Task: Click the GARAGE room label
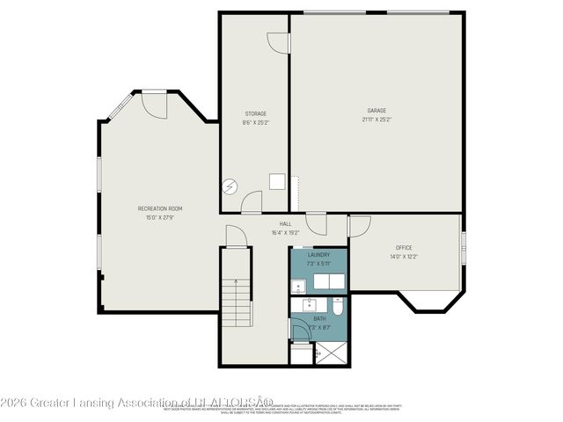tap(377, 111)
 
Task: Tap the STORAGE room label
tap(255, 113)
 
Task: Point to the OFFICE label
tap(404, 248)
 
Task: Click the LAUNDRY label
tap(318, 255)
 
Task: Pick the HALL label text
tap(285, 224)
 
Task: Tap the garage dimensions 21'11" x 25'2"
tap(377, 119)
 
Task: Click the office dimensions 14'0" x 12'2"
tap(404, 257)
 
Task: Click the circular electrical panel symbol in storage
tap(230, 186)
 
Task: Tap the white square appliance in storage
tap(277, 181)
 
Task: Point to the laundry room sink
tap(299, 285)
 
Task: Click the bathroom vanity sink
tap(309, 303)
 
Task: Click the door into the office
tap(360, 226)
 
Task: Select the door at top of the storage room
tap(278, 43)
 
